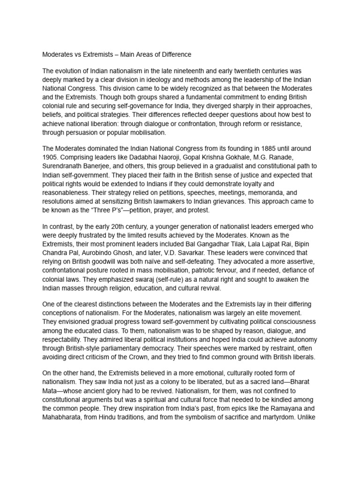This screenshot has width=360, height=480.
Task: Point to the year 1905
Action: coord(51,157)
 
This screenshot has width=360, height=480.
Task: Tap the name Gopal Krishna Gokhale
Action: coord(209,157)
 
